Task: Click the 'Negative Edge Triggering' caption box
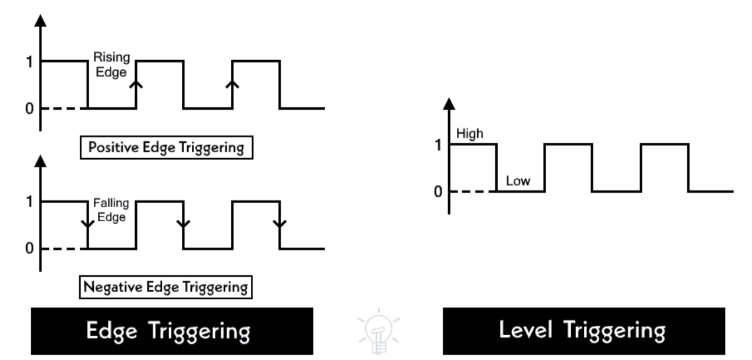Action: pos(164,289)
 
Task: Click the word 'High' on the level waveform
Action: pos(469,134)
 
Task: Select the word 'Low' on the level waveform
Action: pos(518,182)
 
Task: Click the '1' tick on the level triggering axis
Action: pos(437,144)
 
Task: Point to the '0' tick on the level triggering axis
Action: pos(437,192)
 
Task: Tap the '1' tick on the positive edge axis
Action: pos(28,61)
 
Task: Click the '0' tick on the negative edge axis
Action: pos(28,249)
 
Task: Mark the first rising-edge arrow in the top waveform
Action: pos(136,84)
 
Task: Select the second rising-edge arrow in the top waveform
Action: pos(233,84)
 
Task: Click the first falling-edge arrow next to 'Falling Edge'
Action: pos(88,224)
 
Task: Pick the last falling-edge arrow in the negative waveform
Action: pos(280,224)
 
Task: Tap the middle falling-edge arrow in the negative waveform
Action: pos(184,224)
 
